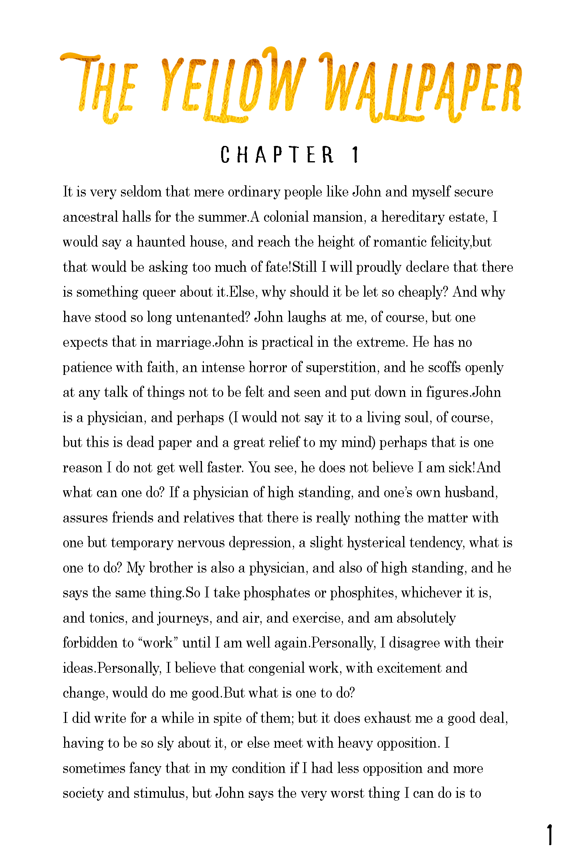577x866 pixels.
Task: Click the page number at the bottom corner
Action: coord(551,835)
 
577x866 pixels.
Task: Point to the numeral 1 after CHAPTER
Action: coord(355,155)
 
